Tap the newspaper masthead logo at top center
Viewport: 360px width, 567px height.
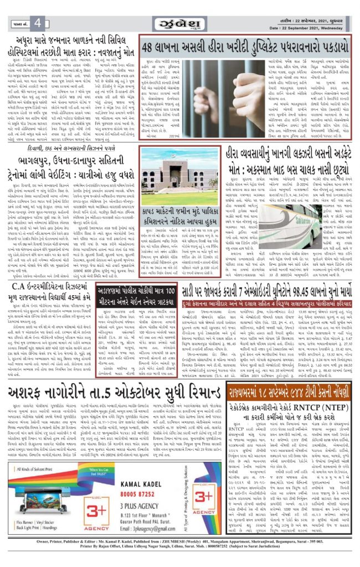click(179, 23)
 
